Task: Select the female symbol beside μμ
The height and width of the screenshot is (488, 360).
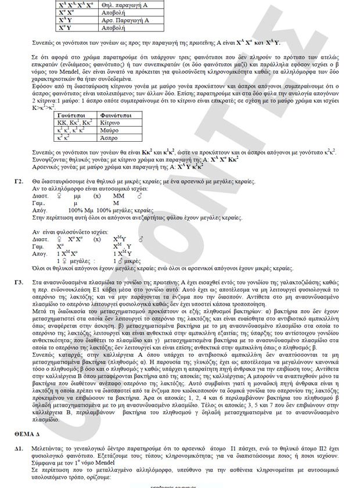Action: (58, 196)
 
